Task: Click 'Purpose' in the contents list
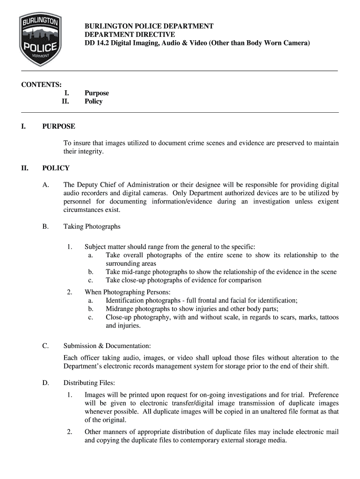pyautogui.click(x=97, y=93)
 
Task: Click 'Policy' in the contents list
pyautogui.click(x=94, y=102)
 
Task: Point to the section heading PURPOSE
pyautogui.click(x=58, y=126)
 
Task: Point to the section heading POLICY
pyautogui.click(x=56, y=168)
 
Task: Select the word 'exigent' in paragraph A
pyautogui.click(x=327, y=202)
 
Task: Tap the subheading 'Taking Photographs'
pyautogui.click(x=92, y=226)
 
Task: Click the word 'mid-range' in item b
pyautogui.click(x=136, y=272)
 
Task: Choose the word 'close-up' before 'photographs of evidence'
pyautogui.click(x=136, y=280)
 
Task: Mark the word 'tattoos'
pyautogui.click(x=327, y=317)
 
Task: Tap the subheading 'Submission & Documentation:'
pyautogui.click(x=107, y=346)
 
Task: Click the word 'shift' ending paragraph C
pyautogui.click(x=321, y=366)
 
